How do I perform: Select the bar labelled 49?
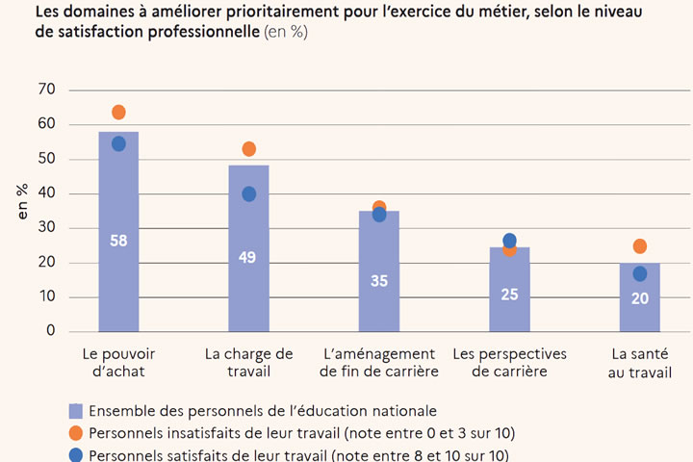249,289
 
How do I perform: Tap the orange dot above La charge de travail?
249,149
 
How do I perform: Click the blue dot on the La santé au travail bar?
640,274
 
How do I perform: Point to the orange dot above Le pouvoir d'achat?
118,113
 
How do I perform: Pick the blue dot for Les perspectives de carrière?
510,241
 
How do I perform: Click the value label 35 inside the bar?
379,281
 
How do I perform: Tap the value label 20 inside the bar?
640,298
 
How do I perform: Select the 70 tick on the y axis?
47,90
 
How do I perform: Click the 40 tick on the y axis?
47,193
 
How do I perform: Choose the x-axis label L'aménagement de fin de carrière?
379,363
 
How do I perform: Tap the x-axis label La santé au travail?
640,363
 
